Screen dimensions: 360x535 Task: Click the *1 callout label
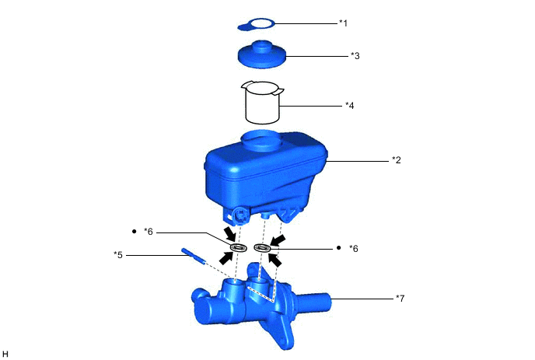[343, 23]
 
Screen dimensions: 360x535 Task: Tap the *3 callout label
[355, 56]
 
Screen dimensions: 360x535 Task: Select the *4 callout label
[349, 105]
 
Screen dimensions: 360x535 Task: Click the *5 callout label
[118, 253]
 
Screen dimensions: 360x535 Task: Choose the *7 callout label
[400, 298]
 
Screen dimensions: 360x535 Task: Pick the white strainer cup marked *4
[261, 101]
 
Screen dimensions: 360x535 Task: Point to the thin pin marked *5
[194, 256]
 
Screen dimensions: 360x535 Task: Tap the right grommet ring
[262, 248]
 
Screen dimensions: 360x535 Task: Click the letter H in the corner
[5, 354]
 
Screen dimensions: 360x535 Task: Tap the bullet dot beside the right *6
[339, 248]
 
